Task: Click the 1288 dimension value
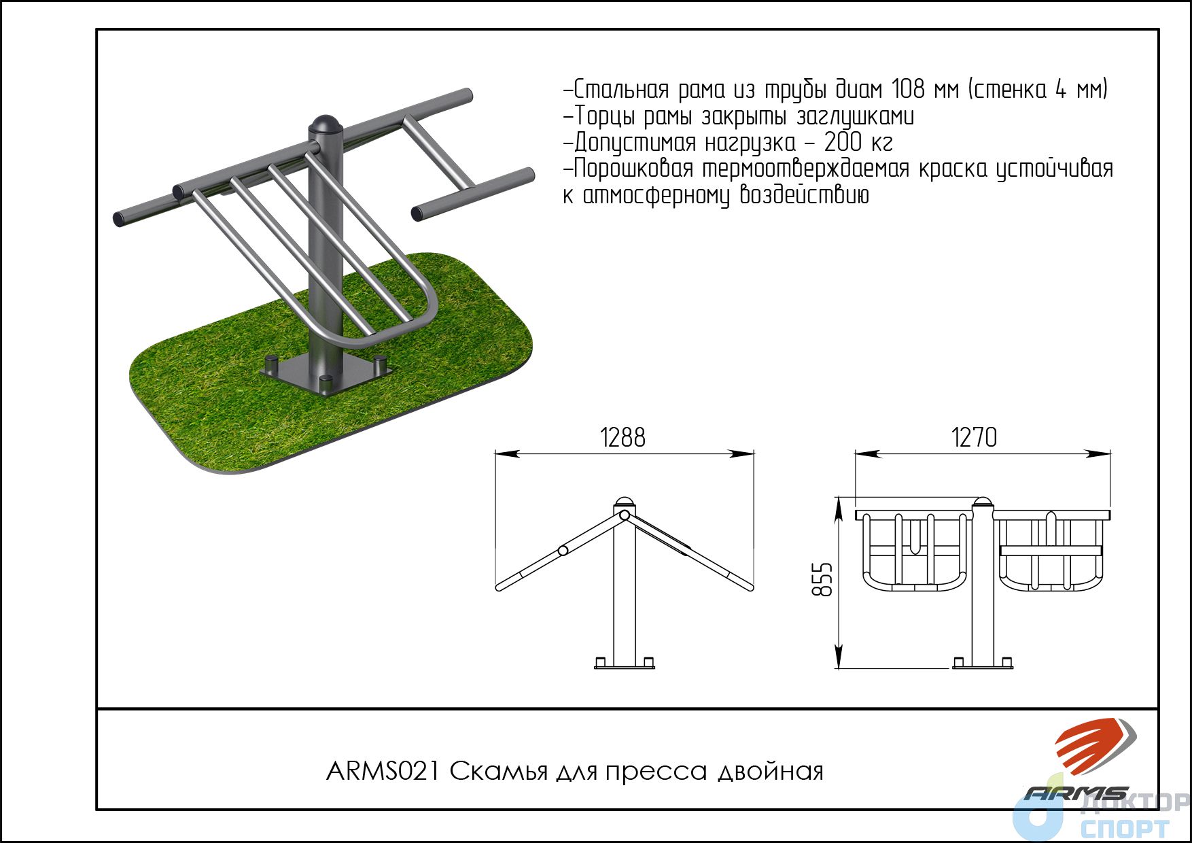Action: pos(623,437)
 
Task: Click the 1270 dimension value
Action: pos(974,437)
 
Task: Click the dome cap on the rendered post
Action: pos(325,126)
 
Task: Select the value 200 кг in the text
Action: pos(858,143)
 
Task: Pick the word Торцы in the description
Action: pos(605,116)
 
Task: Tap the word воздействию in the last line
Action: pos(804,196)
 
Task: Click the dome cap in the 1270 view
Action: pos(982,503)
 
